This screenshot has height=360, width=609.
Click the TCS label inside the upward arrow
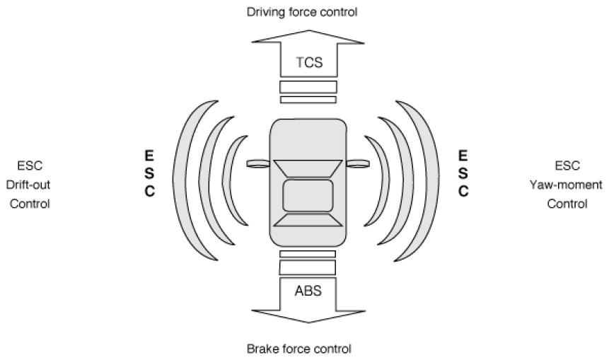point(309,62)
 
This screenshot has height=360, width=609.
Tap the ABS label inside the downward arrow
point(308,291)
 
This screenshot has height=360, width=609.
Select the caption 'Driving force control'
point(302,12)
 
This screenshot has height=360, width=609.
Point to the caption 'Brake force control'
point(299,349)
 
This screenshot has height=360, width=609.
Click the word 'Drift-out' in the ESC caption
point(28,185)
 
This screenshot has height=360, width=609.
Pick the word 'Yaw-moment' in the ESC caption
point(567,185)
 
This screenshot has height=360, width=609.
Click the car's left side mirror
point(258,163)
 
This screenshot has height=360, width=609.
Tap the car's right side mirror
point(358,163)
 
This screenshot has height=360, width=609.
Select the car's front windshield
point(308,168)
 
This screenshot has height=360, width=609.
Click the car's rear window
point(308,220)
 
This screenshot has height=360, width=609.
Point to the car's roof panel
point(308,195)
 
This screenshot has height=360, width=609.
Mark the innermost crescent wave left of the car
point(226,180)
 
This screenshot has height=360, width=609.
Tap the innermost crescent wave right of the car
point(385,180)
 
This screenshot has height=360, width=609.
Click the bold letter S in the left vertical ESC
point(149,173)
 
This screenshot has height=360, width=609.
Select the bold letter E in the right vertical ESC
point(463,156)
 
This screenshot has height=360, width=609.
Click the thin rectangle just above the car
point(308,100)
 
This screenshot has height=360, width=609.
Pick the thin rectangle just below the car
point(308,254)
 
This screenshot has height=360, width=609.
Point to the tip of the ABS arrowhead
point(308,323)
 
